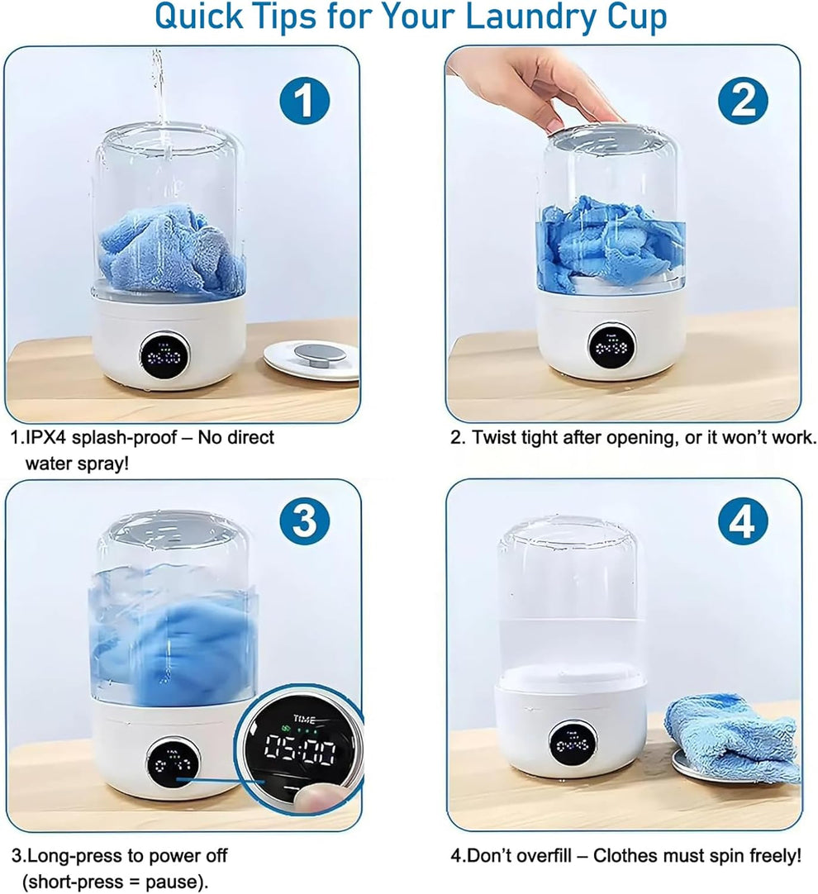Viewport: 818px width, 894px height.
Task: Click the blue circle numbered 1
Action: (304, 102)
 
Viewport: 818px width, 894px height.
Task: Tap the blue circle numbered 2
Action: (744, 102)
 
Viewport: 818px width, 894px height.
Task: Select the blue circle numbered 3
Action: (304, 521)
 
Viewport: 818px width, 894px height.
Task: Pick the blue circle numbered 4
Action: (744, 521)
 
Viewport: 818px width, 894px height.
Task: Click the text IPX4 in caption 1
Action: (46, 437)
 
